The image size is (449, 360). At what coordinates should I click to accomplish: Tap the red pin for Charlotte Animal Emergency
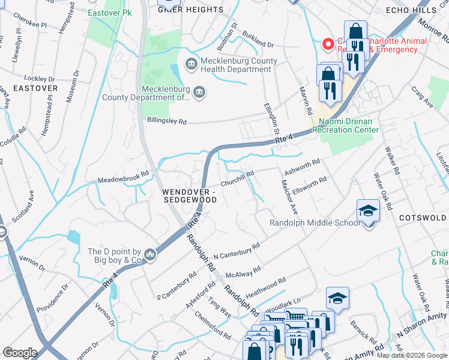tap(328, 43)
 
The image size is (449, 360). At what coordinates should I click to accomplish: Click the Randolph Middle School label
tap(315, 223)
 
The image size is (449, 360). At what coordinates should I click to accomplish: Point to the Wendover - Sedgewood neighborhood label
tap(188, 194)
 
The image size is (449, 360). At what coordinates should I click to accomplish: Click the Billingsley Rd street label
tap(167, 121)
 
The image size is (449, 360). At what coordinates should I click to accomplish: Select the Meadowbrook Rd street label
tap(122, 178)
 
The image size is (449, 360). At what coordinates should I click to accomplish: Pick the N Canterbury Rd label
tap(237, 251)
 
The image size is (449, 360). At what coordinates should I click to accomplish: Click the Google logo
tap(20, 353)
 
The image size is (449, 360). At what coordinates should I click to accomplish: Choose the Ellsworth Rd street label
tap(310, 184)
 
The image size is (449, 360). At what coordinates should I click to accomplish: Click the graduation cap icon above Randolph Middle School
tap(367, 211)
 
